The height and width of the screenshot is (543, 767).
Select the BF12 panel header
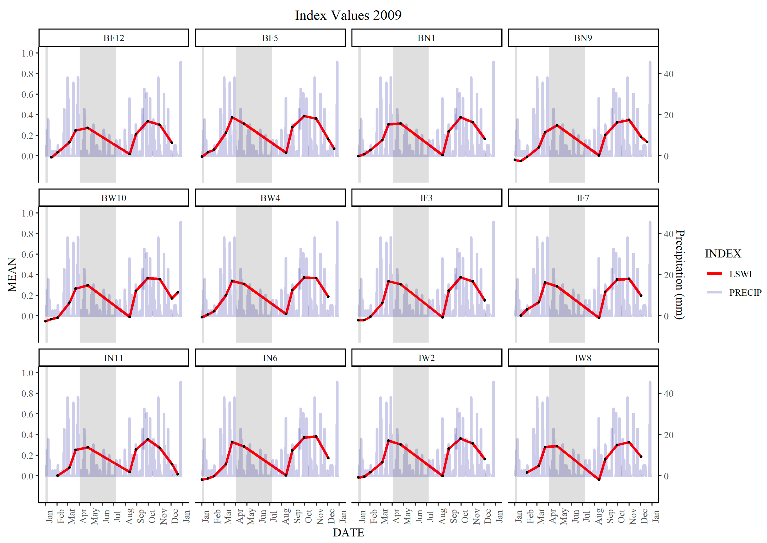tap(114, 38)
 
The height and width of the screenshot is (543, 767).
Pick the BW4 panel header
tap(270, 198)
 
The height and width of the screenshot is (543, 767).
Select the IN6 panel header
tap(270, 358)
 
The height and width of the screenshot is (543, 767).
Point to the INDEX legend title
tap(723, 254)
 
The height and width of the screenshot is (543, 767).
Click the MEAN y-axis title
tap(12, 275)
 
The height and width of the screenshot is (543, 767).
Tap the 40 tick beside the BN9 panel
tap(668, 74)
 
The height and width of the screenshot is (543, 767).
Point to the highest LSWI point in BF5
tap(304, 116)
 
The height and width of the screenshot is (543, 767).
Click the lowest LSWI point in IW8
tap(599, 480)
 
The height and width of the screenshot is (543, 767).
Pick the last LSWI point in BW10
tap(178, 292)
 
